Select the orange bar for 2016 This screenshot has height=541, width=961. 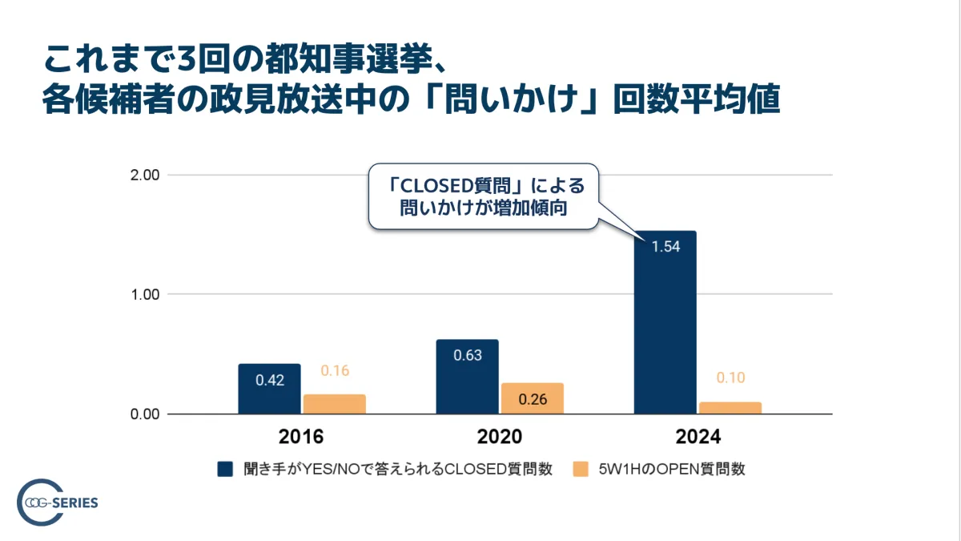pyautogui.click(x=334, y=404)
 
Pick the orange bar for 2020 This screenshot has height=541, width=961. pyautogui.click(x=532, y=398)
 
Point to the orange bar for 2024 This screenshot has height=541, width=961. pyautogui.click(x=730, y=408)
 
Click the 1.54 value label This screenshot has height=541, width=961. pyautogui.click(x=665, y=247)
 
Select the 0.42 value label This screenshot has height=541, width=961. pyautogui.click(x=269, y=379)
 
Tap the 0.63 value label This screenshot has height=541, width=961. pyautogui.click(x=467, y=355)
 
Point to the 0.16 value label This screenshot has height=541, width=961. pyautogui.click(x=335, y=371)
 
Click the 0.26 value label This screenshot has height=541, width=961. pyautogui.click(x=532, y=398)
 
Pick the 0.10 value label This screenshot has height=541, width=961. pyautogui.click(x=730, y=378)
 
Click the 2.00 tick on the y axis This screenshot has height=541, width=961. pyautogui.click(x=145, y=175)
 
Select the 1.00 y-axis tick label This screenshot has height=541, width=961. pyautogui.click(x=145, y=294)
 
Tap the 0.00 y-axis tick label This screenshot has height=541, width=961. pyautogui.click(x=145, y=414)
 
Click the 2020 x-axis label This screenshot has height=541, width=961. pyautogui.click(x=500, y=438)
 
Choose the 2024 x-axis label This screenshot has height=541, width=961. pyautogui.click(x=698, y=438)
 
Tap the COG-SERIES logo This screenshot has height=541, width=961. pyautogui.click(x=57, y=503)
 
